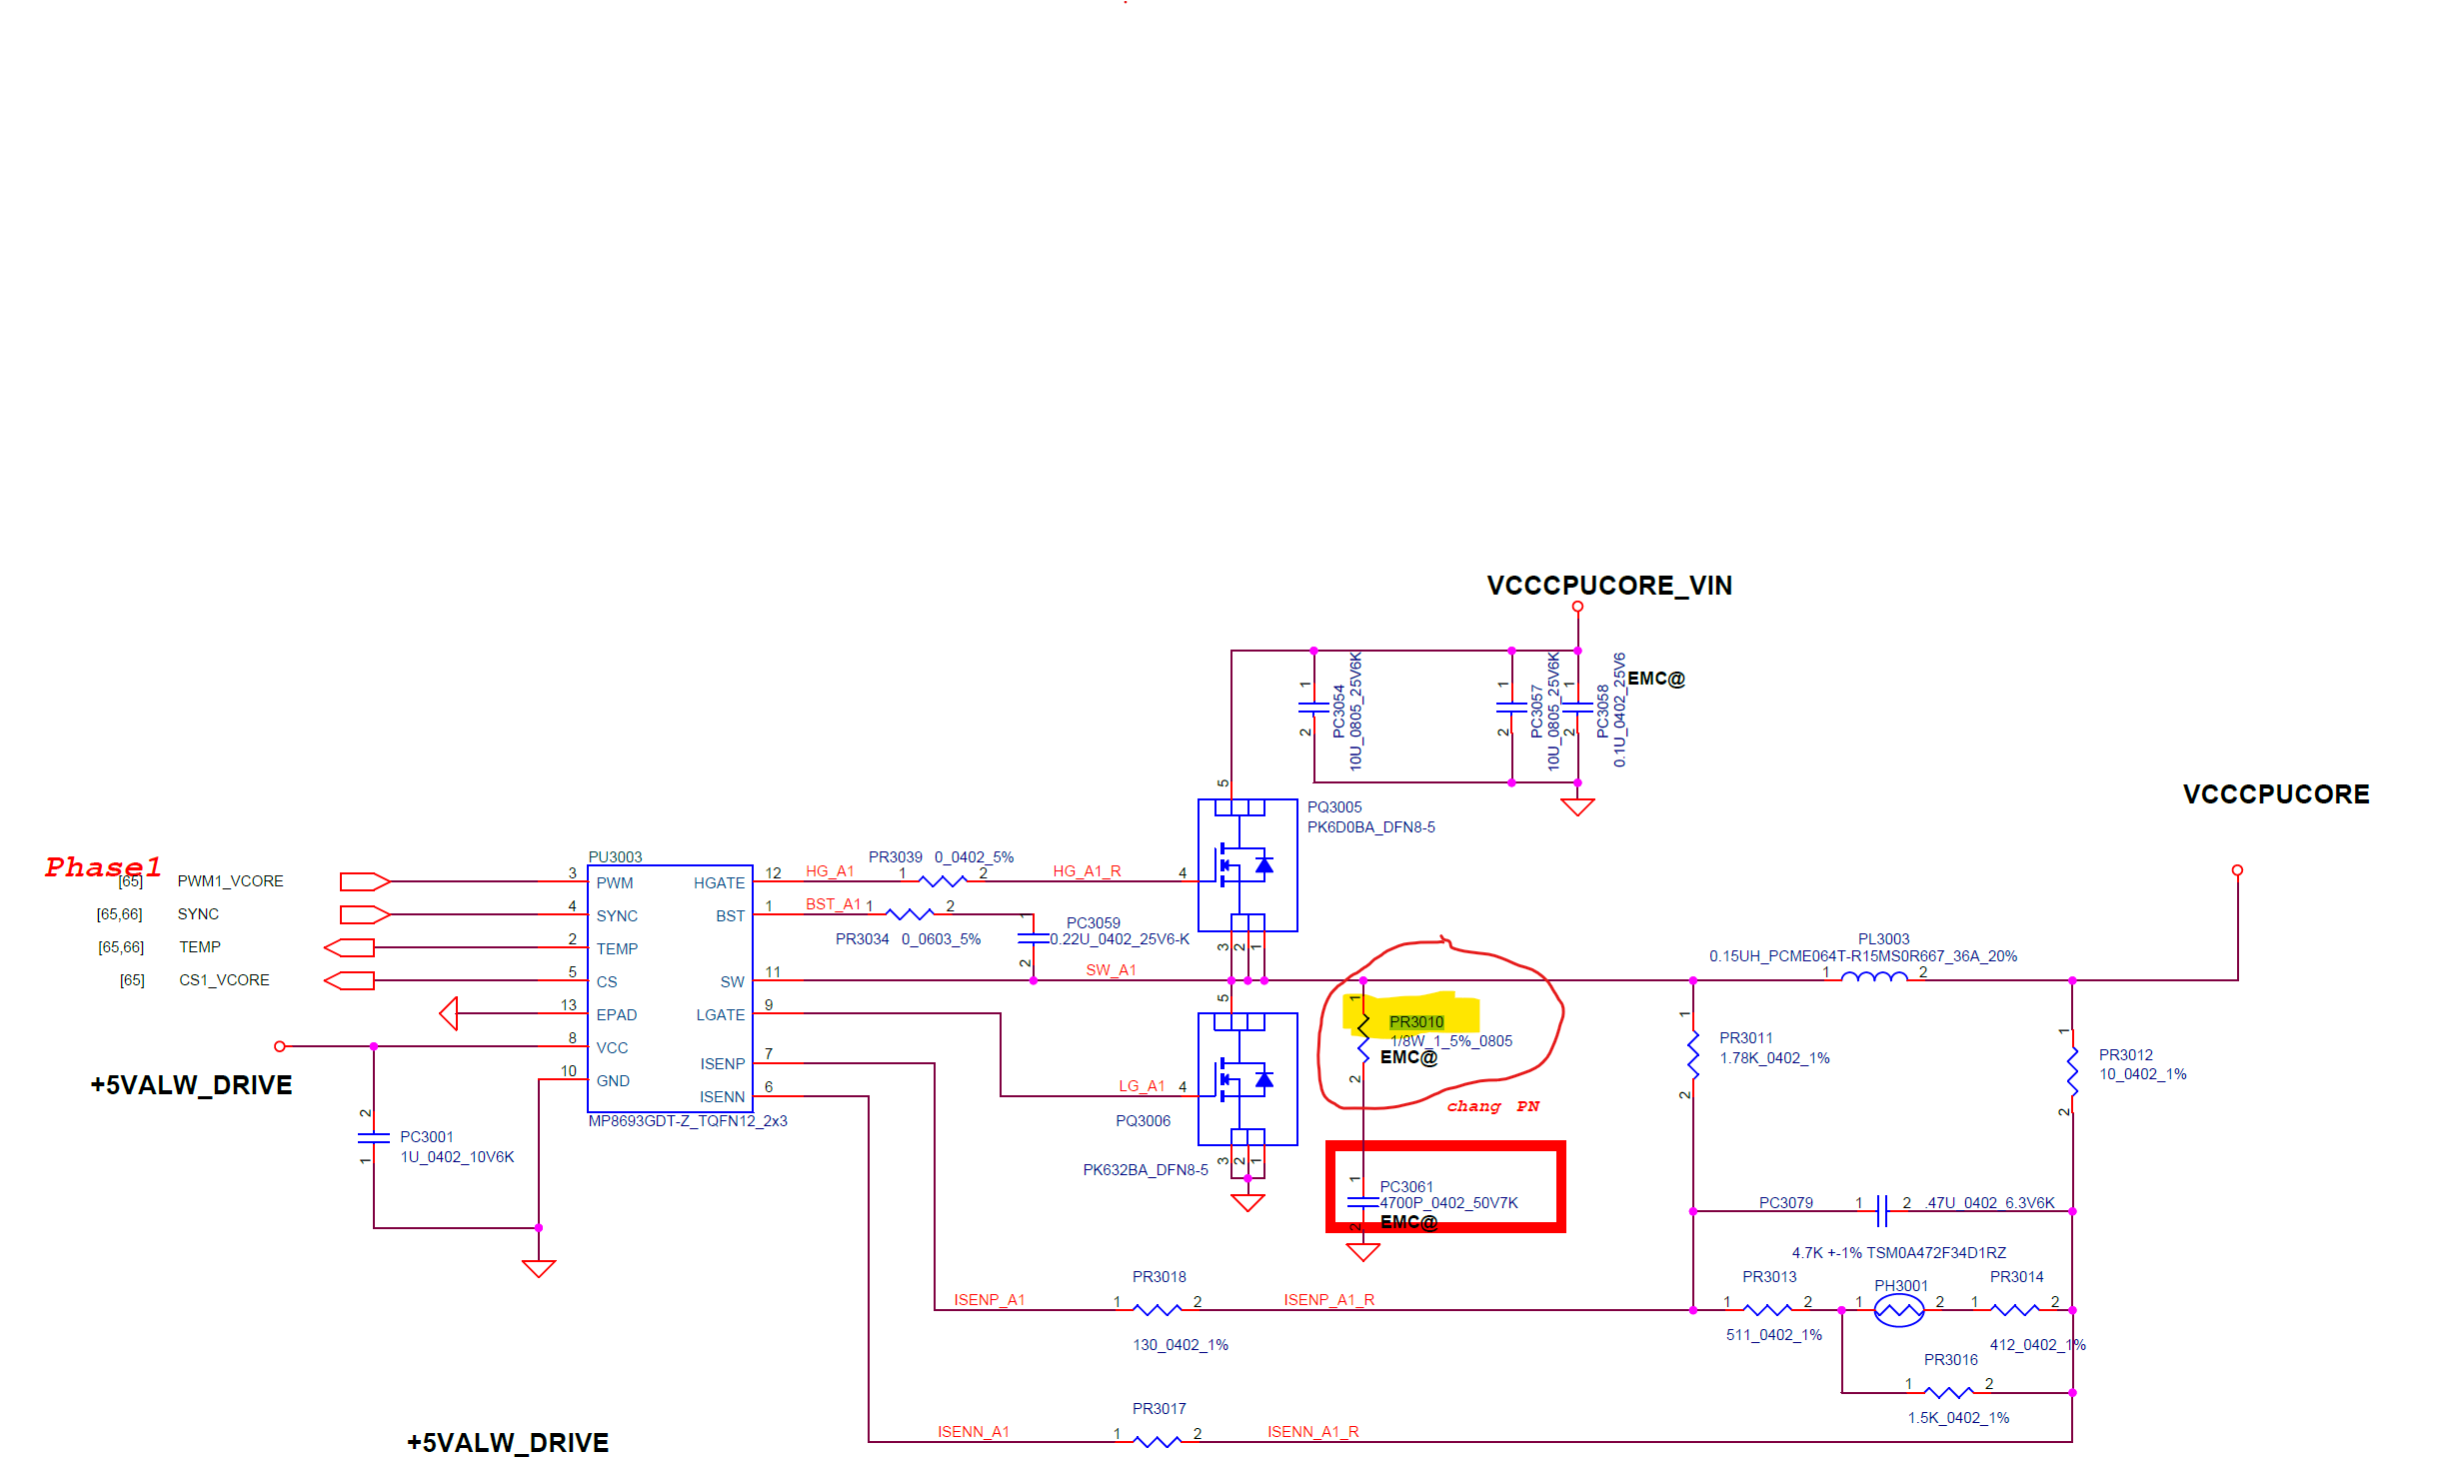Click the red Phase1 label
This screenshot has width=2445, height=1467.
click(x=103, y=866)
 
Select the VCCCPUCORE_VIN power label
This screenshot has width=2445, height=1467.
click(x=1609, y=586)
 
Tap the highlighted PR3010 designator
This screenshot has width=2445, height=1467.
click(x=1415, y=1021)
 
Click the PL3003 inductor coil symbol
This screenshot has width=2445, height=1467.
click(x=1873, y=976)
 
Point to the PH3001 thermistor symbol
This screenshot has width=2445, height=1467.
click(x=1898, y=1309)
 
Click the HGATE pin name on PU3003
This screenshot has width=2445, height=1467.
click(x=719, y=883)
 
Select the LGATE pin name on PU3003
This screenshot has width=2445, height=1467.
click(x=720, y=1015)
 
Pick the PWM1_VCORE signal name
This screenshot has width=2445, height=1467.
click(x=230, y=881)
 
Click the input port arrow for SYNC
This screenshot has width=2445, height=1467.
click(x=364, y=914)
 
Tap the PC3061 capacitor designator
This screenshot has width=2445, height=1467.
click(x=1406, y=1187)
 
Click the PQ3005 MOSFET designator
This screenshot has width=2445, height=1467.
click(x=1334, y=807)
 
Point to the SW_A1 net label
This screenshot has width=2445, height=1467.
click(x=1111, y=970)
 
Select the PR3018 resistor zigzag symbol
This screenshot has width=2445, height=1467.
click(x=1157, y=1309)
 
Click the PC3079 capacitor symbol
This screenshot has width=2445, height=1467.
click(x=1882, y=1210)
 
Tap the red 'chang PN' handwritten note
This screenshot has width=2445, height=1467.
click(x=1492, y=1106)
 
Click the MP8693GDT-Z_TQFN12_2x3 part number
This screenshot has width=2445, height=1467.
click(x=688, y=1121)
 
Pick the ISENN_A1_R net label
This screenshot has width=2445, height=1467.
click(x=1312, y=1432)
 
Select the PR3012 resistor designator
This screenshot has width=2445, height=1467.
click(x=2125, y=1055)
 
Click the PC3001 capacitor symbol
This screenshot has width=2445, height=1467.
click(x=373, y=1137)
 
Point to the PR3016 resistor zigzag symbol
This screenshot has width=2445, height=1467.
click(x=1948, y=1392)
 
